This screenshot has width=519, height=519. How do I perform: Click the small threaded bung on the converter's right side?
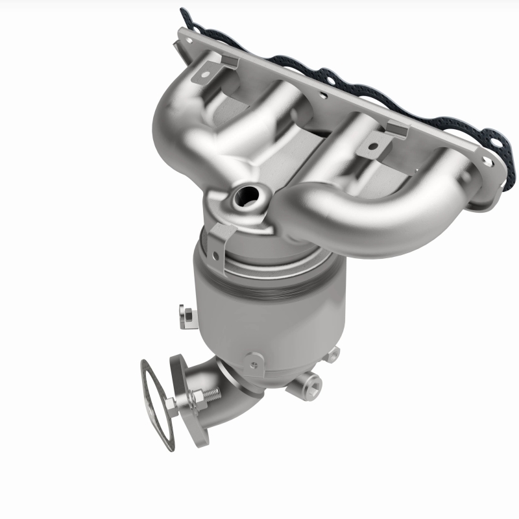[333, 354]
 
